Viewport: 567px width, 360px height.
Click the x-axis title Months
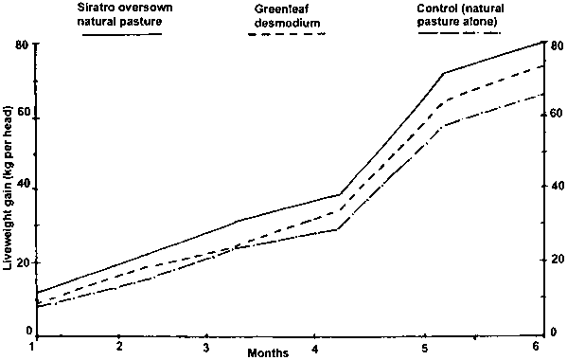click(268, 352)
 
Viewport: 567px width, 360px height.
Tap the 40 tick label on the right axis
click(557, 186)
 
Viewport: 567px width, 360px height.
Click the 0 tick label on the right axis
click(554, 332)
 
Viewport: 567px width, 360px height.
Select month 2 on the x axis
click(119, 346)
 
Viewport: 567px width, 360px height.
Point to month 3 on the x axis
click(205, 348)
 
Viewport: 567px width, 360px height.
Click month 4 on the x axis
click(315, 350)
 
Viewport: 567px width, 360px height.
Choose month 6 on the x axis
click(536, 346)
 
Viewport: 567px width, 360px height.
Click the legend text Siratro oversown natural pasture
click(125, 14)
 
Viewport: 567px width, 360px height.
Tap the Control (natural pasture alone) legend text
click(460, 15)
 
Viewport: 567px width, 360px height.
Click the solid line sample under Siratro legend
click(122, 34)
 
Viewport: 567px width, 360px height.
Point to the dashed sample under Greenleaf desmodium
click(287, 34)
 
